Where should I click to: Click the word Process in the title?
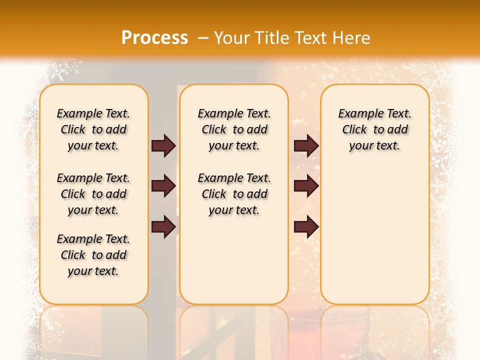[x=154, y=38]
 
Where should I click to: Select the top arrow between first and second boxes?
[x=163, y=145]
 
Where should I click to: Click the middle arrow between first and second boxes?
[x=163, y=186]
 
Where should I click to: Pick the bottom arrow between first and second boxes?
[x=163, y=227]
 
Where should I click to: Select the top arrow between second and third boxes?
[x=306, y=145]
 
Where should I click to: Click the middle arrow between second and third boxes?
[x=306, y=186]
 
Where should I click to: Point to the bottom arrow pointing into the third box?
[x=306, y=227]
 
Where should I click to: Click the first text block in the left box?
[x=93, y=129]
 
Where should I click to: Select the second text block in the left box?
[x=93, y=194]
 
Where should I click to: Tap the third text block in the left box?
[x=93, y=255]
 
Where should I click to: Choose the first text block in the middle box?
[x=234, y=129]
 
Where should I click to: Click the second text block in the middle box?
[x=234, y=194]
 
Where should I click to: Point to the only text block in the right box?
[x=374, y=129]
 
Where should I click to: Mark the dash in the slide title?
[x=203, y=38]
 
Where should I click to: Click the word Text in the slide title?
[x=307, y=38]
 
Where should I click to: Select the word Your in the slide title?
[x=232, y=38]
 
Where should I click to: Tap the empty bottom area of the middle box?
[x=234, y=265]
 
